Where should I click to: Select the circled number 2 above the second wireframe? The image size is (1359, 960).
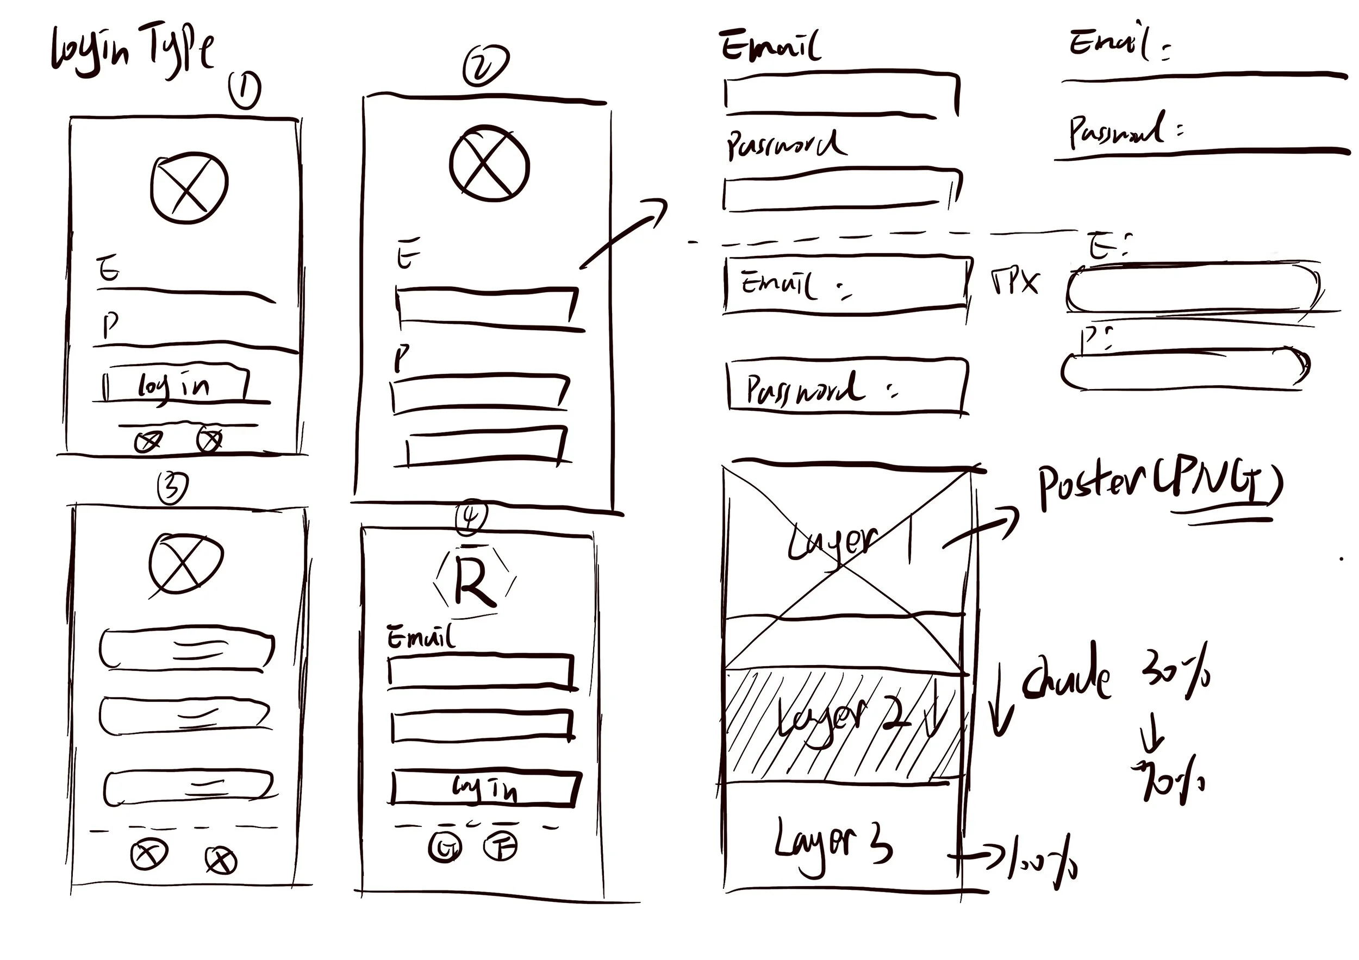tap(485, 66)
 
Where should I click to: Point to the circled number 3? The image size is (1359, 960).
tap(172, 488)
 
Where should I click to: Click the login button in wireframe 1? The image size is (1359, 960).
tap(174, 385)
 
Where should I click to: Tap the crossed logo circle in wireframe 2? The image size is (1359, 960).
tap(489, 163)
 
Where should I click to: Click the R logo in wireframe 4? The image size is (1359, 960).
tap(475, 582)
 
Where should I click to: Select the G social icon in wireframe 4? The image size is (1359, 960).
tap(445, 848)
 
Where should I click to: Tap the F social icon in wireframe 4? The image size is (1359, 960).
tap(501, 846)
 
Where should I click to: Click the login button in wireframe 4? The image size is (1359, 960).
tap(484, 788)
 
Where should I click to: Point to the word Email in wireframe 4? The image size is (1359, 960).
tap(421, 637)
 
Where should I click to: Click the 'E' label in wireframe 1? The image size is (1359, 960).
tap(108, 268)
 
